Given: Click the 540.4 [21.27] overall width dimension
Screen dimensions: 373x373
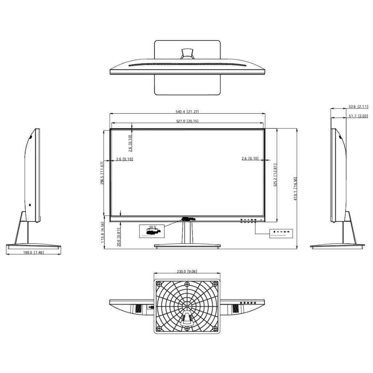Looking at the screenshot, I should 187,111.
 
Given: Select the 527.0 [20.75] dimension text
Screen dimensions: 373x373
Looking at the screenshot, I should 187,121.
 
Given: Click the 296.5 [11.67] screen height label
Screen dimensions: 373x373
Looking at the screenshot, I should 102,173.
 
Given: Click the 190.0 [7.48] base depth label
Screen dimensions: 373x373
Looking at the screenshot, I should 33,252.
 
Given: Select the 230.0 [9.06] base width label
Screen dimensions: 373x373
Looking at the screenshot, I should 187,271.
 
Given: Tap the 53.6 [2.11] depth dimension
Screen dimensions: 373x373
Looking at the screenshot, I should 358,107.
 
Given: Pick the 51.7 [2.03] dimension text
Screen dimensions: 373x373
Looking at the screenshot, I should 358,116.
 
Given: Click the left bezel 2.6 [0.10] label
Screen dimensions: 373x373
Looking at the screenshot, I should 125,159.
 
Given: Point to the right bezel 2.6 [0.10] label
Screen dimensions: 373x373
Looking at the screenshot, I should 250,158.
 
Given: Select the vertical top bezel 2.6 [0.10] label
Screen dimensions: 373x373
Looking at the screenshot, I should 130,143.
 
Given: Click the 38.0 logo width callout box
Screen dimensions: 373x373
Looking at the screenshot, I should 152,231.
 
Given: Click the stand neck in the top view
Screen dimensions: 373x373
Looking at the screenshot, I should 187,53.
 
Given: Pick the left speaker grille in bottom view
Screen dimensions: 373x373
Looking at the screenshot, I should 138,309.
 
